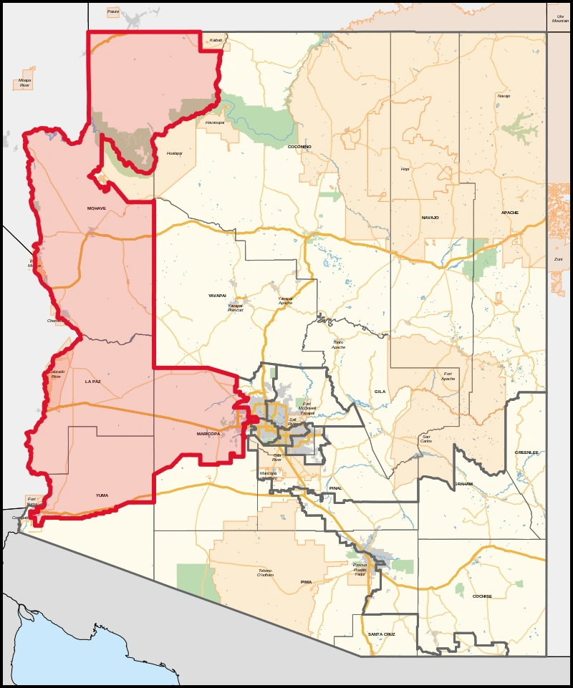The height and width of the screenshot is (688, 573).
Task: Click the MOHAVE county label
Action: (96, 208)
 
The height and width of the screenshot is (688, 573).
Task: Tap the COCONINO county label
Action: (299, 147)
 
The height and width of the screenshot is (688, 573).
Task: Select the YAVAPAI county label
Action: (217, 295)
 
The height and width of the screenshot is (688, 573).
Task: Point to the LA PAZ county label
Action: (93, 382)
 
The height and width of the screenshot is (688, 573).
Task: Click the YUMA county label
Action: (103, 495)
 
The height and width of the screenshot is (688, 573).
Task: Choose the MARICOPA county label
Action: (208, 434)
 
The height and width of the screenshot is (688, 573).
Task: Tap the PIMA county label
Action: (307, 582)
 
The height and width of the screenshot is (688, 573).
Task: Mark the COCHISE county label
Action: (482, 596)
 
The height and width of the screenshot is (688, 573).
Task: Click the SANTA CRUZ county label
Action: (381, 634)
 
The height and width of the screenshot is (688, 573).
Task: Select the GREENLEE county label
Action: (526, 452)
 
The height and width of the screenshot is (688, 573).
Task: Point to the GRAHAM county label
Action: (463, 484)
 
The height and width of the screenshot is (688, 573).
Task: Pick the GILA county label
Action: (380, 392)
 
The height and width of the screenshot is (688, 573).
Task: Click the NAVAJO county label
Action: (430, 217)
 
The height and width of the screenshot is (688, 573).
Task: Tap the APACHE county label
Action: (510, 213)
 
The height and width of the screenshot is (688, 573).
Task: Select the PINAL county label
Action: (335, 488)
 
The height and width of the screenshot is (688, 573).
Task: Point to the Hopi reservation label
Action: (405, 169)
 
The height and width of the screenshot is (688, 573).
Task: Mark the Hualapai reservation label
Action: (174, 153)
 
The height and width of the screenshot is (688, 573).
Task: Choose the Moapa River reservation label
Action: (25, 83)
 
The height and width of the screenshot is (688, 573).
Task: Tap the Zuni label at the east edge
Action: (559, 259)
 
